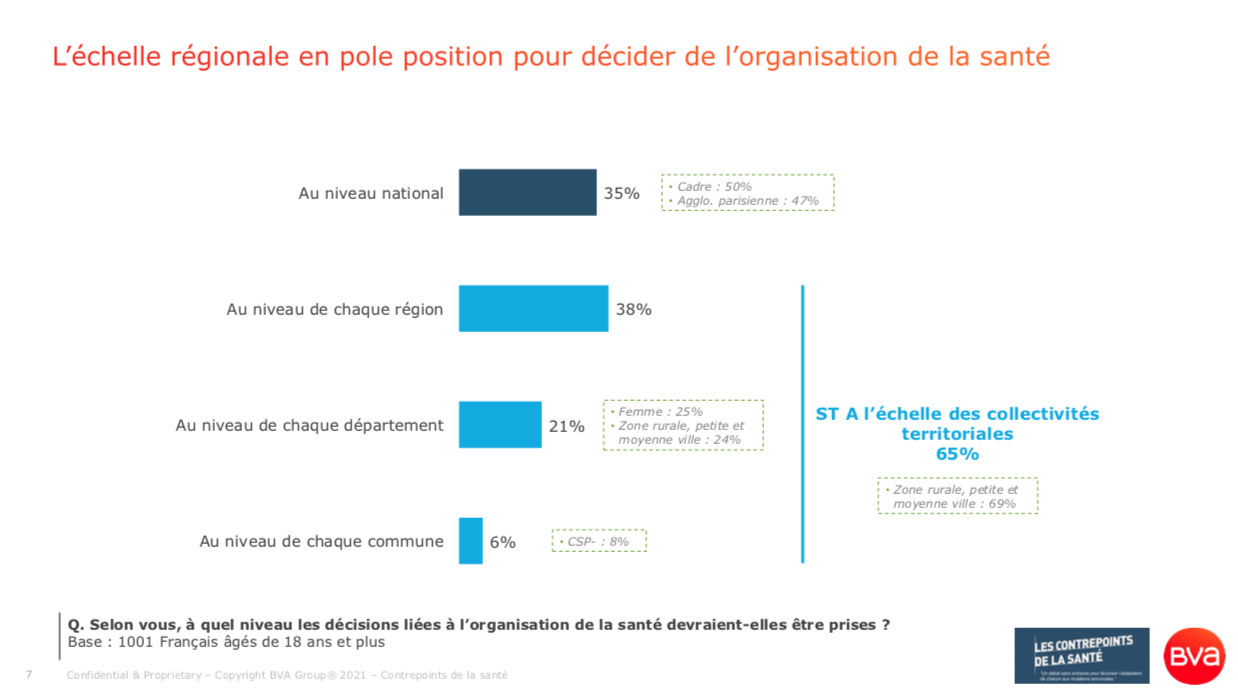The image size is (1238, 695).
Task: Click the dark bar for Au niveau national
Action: point(527,193)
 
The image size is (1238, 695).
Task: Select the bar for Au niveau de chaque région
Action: point(533,309)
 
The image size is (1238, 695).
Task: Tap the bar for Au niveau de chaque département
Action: point(499,425)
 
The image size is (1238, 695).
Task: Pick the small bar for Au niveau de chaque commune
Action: point(470,541)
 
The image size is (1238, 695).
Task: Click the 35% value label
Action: point(621,193)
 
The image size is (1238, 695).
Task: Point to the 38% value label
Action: point(633,309)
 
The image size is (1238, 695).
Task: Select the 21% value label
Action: point(566,426)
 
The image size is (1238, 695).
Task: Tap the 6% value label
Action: point(502,542)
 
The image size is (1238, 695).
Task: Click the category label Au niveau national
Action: point(370,193)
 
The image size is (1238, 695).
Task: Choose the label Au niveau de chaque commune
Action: point(321,541)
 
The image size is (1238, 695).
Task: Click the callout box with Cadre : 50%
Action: point(747,193)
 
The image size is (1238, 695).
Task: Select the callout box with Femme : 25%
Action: point(683,425)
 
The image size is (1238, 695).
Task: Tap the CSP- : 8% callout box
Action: point(599,541)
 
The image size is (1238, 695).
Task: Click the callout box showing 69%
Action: point(957,496)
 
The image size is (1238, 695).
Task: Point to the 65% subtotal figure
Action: point(957,454)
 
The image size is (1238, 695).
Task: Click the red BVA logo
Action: point(1194,656)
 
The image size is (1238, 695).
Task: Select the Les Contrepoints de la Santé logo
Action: point(1081,655)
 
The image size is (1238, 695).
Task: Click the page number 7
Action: point(29,675)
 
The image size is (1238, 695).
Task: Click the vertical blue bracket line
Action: point(802,424)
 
